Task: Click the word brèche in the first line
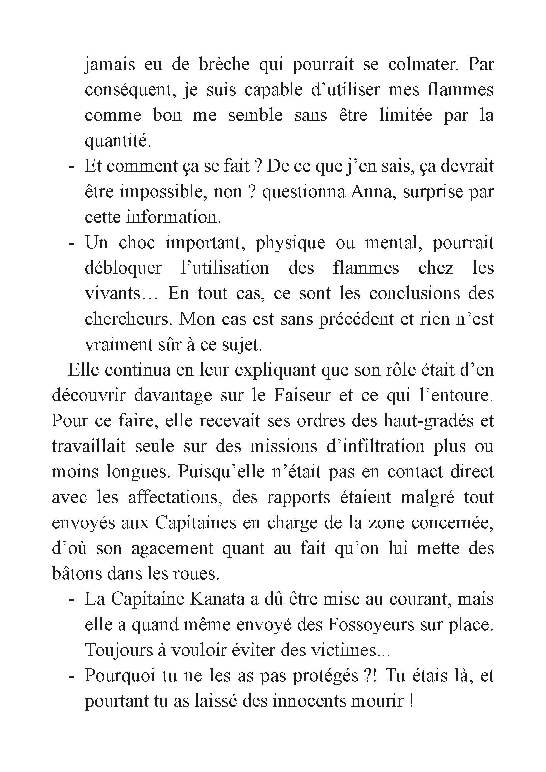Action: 224,64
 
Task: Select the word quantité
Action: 118,141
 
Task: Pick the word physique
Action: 290,243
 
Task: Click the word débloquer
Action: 123,268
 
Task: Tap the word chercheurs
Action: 126,319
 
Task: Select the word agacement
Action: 172,548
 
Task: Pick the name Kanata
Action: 217,599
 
